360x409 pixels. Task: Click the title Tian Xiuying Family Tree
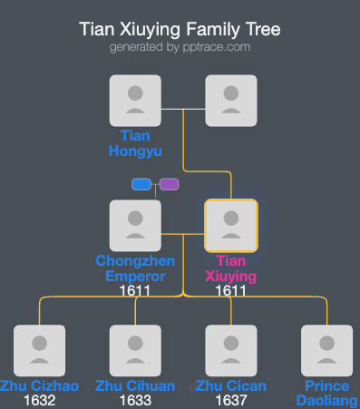click(x=180, y=29)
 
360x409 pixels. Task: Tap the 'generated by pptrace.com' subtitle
click(x=180, y=47)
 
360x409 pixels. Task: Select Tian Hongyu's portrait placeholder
click(x=135, y=100)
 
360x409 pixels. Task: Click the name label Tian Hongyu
click(x=135, y=143)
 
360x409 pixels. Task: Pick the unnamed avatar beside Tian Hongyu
click(x=231, y=100)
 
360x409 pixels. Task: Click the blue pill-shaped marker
click(x=141, y=184)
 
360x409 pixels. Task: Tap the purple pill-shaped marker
click(x=169, y=184)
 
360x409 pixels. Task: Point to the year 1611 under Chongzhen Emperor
click(x=135, y=290)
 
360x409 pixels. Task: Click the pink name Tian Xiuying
click(x=231, y=268)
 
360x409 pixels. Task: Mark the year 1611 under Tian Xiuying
click(x=231, y=290)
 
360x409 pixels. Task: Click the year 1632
click(x=39, y=400)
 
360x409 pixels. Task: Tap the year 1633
click(x=135, y=400)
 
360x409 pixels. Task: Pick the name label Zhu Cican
click(x=231, y=386)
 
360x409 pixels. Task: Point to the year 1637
click(x=231, y=400)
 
